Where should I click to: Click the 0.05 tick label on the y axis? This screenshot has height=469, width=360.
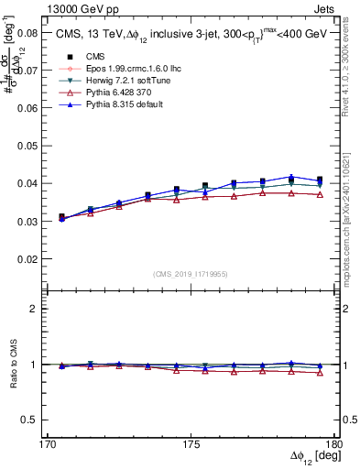point(29,145)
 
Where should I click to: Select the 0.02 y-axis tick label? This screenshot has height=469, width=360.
point(29,259)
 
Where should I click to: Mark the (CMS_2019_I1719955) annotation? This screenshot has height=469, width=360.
point(191,273)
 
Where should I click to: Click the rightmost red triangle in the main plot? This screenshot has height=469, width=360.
point(320,194)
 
